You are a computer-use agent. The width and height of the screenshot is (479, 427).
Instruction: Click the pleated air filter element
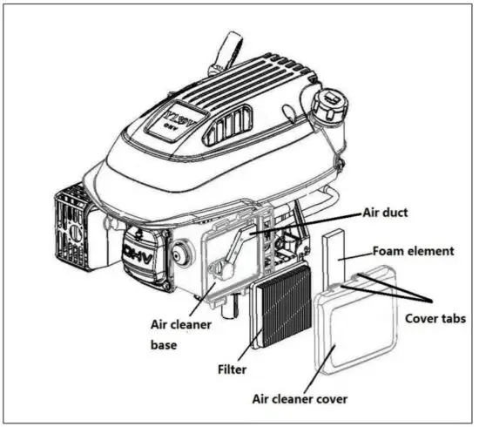click(x=282, y=305)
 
